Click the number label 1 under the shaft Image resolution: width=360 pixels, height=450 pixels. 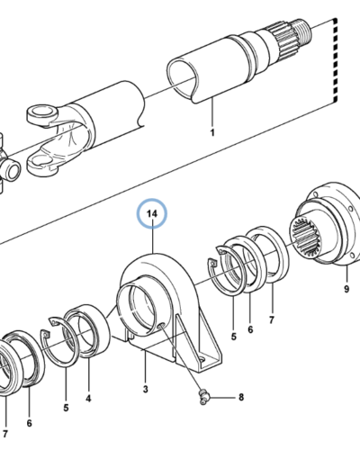pos(212,133)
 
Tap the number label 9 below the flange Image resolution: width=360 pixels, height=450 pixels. pos(345,290)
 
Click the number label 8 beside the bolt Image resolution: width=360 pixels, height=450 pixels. pos(239,397)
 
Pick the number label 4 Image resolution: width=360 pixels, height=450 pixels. pos(87,396)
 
